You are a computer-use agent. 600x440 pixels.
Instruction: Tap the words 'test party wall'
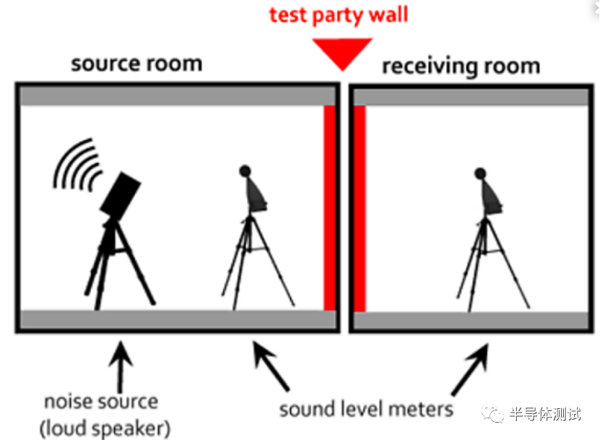click(x=338, y=14)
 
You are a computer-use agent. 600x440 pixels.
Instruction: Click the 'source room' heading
click(x=136, y=64)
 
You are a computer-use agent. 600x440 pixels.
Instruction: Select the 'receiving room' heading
click(x=461, y=66)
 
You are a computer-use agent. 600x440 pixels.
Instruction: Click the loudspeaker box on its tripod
click(x=121, y=194)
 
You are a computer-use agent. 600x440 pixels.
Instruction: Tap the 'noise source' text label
click(x=101, y=401)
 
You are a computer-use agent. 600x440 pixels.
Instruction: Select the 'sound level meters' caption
click(x=367, y=409)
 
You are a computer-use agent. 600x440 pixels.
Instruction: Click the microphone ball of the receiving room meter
click(x=480, y=173)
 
